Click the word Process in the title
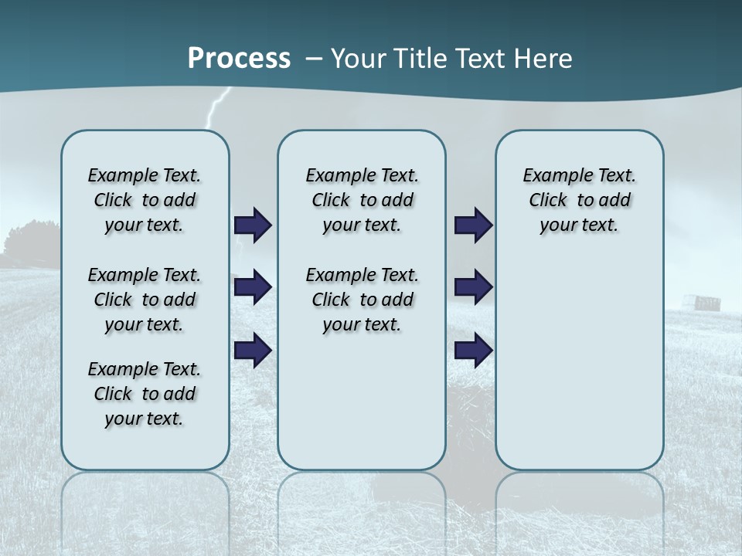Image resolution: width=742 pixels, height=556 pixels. [x=239, y=59]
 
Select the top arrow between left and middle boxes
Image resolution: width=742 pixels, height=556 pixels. [x=253, y=225]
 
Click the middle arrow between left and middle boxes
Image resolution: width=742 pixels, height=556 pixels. [x=253, y=287]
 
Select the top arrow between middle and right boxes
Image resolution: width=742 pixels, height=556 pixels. [x=473, y=225]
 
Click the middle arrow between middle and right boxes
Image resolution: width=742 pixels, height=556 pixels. [x=473, y=287]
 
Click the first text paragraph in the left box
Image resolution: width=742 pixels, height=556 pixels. [x=145, y=200]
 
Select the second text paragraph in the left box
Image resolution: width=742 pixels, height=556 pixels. [x=145, y=300]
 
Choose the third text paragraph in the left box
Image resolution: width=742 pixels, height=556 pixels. [x=145, y=394]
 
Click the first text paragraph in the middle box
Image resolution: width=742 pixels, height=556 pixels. [x=362, y=200]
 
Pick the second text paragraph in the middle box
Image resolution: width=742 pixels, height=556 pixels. [x=362, y=300]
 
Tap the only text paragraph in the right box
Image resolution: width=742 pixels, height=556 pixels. [x=579, y=200]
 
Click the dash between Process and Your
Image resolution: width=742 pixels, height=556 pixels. [x=314, y=59]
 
